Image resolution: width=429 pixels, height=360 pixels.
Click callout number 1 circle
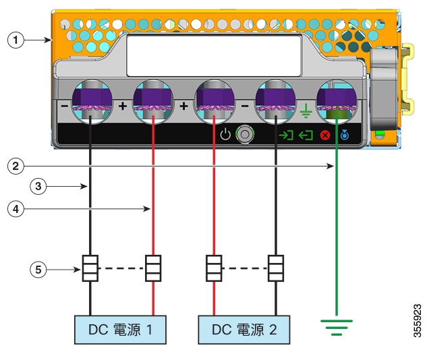pyautogui.click(x=16, y=40)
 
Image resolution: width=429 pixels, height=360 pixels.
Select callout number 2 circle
pyautogui.click(x=16, y=166)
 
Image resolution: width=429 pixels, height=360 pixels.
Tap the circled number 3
pyautogui.click(x=38, y=187)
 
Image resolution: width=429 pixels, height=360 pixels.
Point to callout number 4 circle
pyautogui.click(x=16, y=209)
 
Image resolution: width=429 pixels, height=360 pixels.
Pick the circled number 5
pyautogui.click(x=38, y=270)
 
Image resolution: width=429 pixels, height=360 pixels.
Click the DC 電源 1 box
pyautogui.click(x=120, y=330)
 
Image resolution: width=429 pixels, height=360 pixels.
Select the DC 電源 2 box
pyautogui.click(x=244, y=330)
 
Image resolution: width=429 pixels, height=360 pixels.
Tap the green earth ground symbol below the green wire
pyautogui.click(x=337, y=328)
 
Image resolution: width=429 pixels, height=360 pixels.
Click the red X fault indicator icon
pyautogui.click(x=325, y=136)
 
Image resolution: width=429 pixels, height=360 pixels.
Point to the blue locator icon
pyautogui.click(x=345, y=135)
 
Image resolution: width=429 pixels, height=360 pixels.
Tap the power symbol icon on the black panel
pyautogui.click(x=225, y=134)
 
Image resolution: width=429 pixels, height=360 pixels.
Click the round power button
pyautogui.click(x=245, y=134)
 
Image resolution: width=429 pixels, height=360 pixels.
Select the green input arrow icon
pyautogui.click(x=286, y=135)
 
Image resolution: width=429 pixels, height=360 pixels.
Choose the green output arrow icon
pyautogui.click(x=306, y=135)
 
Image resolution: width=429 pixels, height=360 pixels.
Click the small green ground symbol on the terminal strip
pyautogui.click(x=306, y=111)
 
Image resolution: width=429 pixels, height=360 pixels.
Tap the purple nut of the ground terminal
pyautogui.click(x=337, y=98)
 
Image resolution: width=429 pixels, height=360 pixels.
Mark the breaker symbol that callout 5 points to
pyautogui.click(x=90, y=268)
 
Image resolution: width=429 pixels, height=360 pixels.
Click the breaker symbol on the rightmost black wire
pyautogui.click(x=276, y=268)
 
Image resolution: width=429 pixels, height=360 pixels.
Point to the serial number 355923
pyautogui.click(x=418, y=321)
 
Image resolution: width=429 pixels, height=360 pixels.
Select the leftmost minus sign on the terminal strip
pyautogui.click(x=64, y=106)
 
